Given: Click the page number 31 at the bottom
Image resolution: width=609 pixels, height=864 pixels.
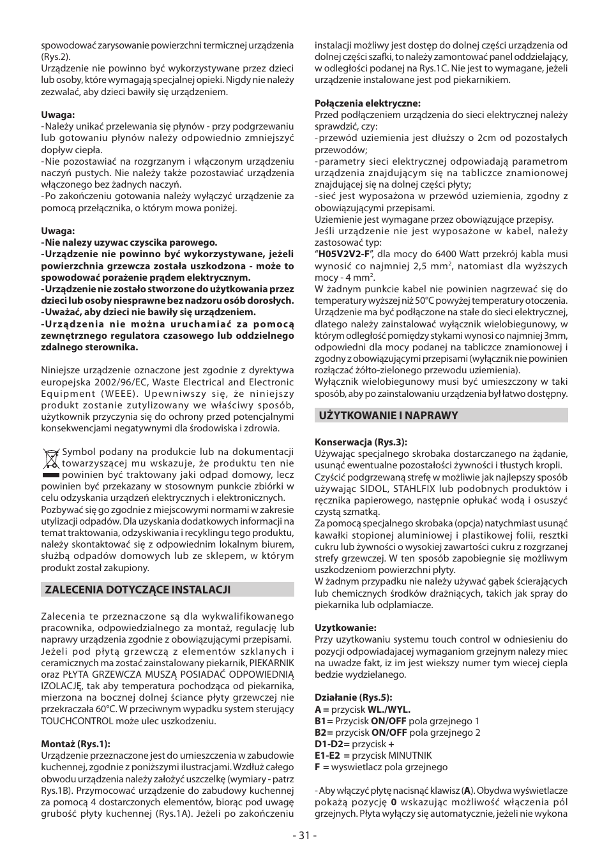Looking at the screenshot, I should [304, 835].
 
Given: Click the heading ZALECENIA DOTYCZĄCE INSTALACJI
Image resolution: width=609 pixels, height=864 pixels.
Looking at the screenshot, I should [137, 590].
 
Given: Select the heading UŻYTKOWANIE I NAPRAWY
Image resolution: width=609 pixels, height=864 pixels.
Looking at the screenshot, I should [389, 415].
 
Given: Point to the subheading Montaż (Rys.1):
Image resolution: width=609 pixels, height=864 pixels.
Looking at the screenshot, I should [75, 743].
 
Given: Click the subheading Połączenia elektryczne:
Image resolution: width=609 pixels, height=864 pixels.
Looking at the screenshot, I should [367, 103].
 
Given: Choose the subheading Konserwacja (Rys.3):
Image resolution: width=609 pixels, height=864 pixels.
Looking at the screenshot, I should [361, 442].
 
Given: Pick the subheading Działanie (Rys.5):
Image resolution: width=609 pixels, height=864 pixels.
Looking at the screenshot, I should [353, 697].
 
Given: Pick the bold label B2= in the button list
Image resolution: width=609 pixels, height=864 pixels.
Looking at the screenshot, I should [324, 733].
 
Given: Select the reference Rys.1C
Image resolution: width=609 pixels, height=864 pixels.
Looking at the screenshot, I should [435, 68].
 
